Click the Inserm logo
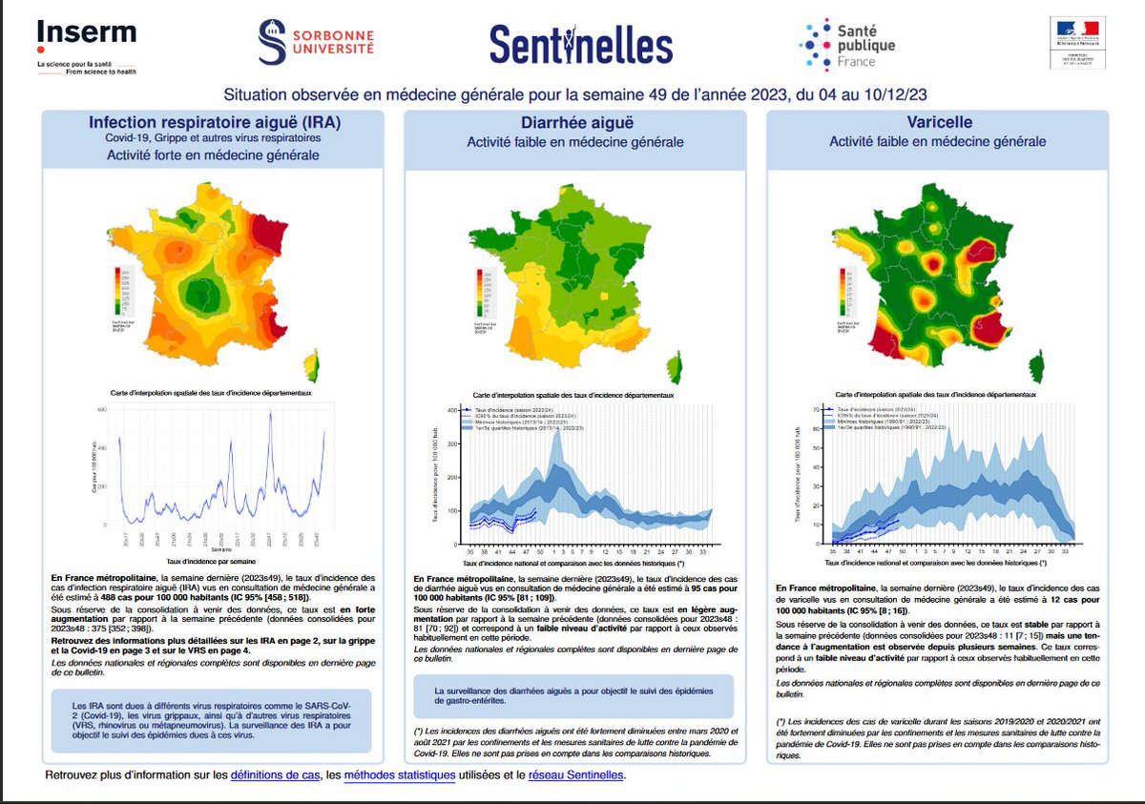(86, 37)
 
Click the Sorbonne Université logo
(316, 43)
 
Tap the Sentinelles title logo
(581, 44)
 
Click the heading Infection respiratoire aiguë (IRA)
(214, 123)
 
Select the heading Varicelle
(937, 123)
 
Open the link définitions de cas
(275, 775)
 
